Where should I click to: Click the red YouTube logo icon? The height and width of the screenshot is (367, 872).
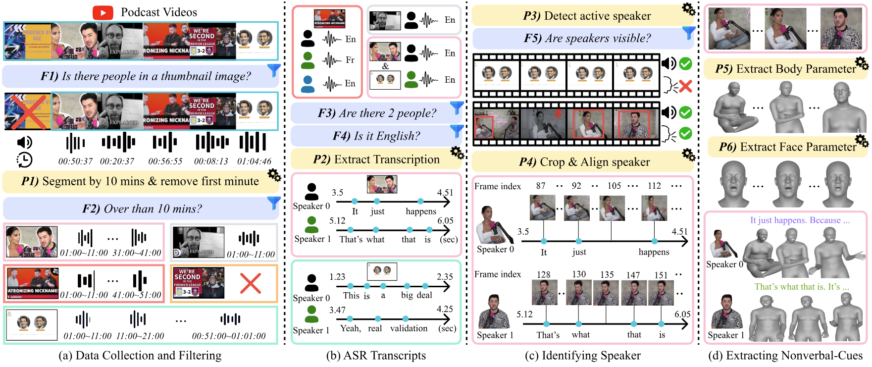click(x=103, y=12)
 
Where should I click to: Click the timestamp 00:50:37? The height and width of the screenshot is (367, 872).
click(x=75, y=161)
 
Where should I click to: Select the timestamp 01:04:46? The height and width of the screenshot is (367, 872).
click(x=254, y=161)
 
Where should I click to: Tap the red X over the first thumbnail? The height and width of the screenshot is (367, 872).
click(x=27, y=112)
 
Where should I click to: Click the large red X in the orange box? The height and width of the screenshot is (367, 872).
click(x=250, y=283)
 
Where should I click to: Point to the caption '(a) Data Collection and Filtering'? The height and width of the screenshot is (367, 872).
click(x=140, y=356)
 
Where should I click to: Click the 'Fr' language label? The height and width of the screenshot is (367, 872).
click(x=350, y=60)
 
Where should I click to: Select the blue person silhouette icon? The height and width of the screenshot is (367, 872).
click(x=308, y=84)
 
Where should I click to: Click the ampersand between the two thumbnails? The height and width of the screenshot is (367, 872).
click(x=385, y=66)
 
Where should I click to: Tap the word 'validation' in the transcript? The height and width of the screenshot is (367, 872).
click(x=409, y=328)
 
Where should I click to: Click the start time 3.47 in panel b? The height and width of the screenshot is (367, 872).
click(x=337, y=310)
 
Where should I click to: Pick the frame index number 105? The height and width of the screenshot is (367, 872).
click(x=614, y=186)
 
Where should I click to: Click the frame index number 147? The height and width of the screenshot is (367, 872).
click(x=633, y=275)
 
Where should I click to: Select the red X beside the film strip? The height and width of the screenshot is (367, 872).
click(x=685, y=87)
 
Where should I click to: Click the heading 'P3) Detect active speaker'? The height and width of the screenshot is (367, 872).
click(x=587, y=16)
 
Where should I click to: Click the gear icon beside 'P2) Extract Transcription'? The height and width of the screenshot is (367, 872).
click(x=457, y=153)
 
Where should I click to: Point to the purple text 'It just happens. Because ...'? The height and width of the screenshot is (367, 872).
click(x=800, y=220)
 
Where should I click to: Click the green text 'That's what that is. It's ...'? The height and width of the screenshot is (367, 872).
click(x=801, y=287)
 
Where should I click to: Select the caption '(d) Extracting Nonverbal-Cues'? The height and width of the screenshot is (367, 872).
click(x=785, y=356)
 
